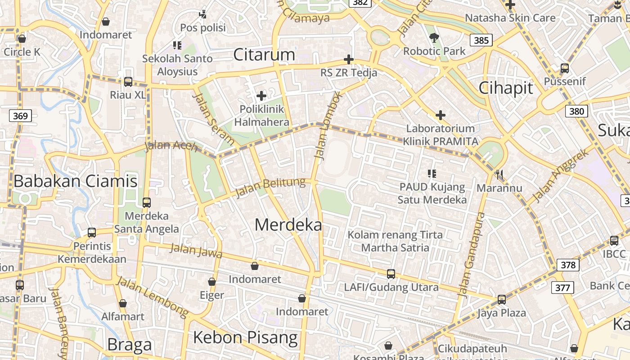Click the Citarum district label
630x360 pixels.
264,54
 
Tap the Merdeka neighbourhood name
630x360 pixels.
288,225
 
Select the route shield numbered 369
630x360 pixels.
20,116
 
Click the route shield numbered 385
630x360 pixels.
481,40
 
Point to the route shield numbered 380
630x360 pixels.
576,111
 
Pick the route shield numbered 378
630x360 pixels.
568,265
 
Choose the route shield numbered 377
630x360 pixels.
562,288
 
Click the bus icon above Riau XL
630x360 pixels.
128,82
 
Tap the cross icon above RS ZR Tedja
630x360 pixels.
349,59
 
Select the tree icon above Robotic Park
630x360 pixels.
434,38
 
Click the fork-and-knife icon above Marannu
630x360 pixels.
499,174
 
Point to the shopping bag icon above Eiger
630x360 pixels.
212,282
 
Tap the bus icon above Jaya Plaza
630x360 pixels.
501,300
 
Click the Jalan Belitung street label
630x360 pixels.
270,188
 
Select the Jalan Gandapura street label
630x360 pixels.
471,254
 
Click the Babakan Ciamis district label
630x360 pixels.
76,181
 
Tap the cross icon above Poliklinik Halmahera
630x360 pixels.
261,96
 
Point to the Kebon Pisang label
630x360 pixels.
245,337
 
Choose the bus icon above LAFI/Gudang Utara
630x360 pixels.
391,274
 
